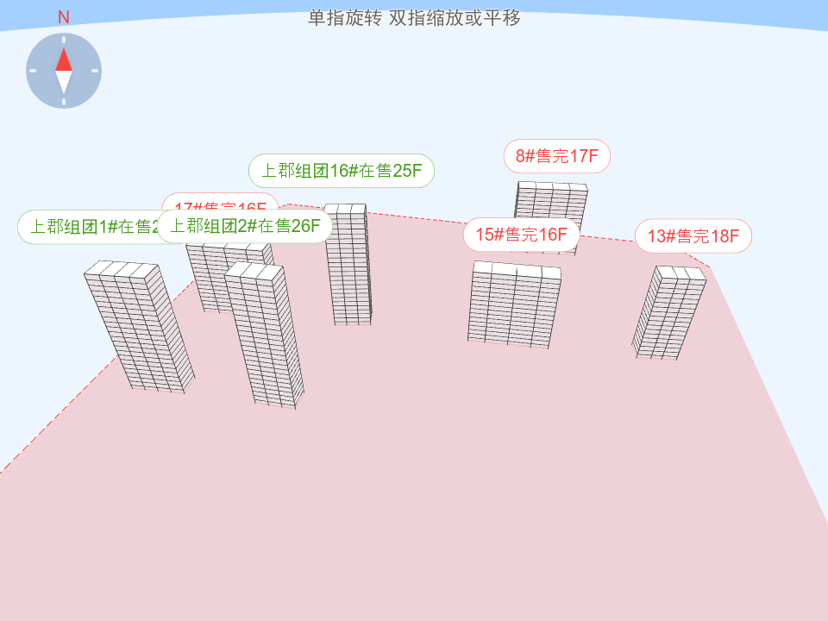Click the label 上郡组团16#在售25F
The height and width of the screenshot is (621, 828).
(341, 171)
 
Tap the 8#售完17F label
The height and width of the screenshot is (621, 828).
(557, 156)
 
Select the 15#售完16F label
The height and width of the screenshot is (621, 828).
(521, 235)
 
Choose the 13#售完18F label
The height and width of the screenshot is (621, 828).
(693, 236)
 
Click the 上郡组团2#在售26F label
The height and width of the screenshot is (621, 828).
(244, 226)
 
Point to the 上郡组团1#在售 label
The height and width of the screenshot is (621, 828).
(86, 227)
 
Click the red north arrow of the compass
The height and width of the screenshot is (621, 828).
(64, 59)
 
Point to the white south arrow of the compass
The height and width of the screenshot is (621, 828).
(64, 83)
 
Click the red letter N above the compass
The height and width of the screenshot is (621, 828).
(64, 17)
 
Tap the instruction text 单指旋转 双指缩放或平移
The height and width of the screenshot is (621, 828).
(414, 18)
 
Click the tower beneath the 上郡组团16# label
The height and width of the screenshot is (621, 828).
(349, 267)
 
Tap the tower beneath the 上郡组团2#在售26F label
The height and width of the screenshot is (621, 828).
(265, 336)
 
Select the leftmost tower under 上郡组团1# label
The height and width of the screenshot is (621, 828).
(138, 328)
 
